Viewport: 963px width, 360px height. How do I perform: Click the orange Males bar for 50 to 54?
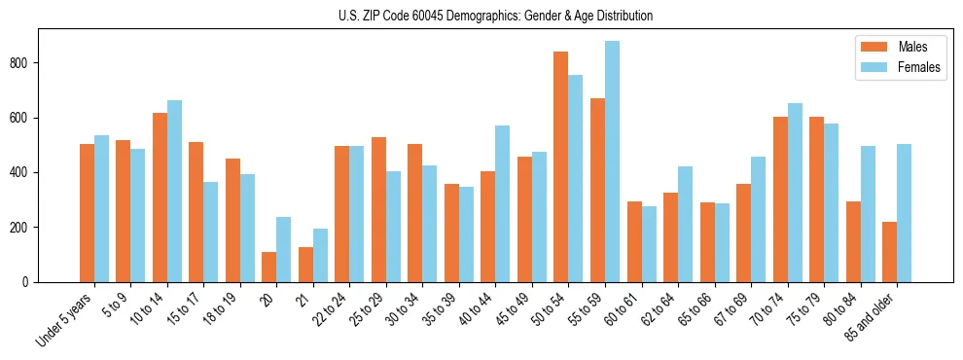point(561,166)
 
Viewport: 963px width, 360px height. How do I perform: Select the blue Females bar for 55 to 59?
point(612,162)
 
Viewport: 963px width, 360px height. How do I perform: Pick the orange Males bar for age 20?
point(269,267)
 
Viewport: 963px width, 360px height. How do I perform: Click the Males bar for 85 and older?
point(889,252)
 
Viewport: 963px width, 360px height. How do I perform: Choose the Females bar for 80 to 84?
point(868,214)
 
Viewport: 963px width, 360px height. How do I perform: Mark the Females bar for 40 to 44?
point(503,203)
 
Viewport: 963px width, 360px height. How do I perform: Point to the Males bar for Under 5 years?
point(87,213)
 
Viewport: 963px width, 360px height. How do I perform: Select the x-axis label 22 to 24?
point(330,310)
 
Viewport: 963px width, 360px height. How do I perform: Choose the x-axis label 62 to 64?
point(659,310)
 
